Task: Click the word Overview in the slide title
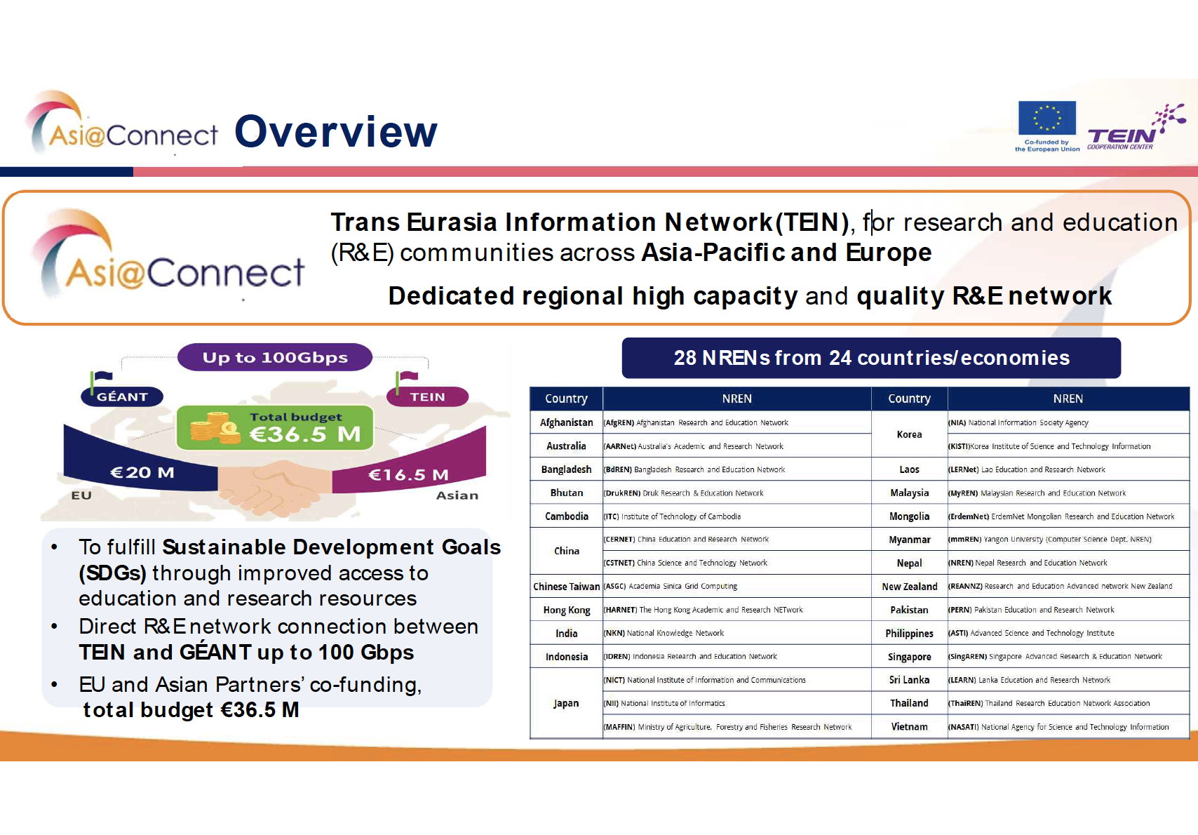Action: (x=336, y=132)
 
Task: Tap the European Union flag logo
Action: (x=1046, y=118)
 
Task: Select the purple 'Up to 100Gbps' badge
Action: (x=275, y=357)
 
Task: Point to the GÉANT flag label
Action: (x=121, y=396)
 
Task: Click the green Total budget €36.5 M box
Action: (x=275, y=427)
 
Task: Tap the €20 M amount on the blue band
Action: (x=142, y=472)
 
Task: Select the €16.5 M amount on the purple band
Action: (x=408, y=474)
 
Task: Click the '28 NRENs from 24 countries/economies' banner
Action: (x=871, y=358)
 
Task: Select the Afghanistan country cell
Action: (x=566, y=422)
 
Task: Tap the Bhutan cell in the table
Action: (x=566, y=493)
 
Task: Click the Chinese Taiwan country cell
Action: (x=566, y=587)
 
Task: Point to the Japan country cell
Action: (x=566, y=703)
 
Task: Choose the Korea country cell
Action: (x=909, y=434)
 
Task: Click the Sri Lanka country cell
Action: (x=909, y=680)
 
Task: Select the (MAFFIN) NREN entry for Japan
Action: (x=727, y=727)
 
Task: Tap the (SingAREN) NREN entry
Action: (x=1055, y=656)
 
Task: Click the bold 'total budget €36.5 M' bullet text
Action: (x=191, y=710)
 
